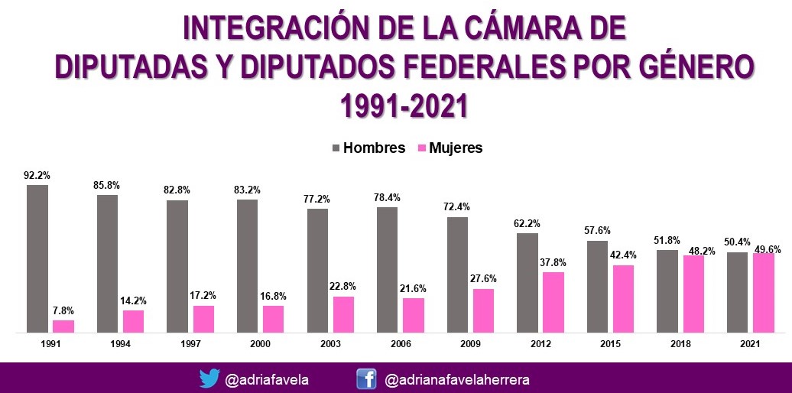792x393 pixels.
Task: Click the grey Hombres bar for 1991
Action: click(37, 258)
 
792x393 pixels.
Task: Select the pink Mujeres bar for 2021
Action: click(764, 293)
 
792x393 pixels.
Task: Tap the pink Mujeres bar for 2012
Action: click(553, 302)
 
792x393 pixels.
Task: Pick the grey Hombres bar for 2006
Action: click(388, 269)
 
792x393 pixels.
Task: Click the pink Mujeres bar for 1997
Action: click(203, 319)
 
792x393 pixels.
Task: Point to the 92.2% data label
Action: click(37, 175)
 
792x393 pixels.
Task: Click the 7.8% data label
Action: click(63, 310)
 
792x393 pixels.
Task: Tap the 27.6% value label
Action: click(483, 279)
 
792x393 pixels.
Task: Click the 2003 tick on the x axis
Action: click(330, 344)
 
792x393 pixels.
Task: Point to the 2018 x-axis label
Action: click(680, 344)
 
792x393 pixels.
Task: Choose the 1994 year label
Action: click(120, 344)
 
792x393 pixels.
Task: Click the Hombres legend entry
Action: click(368, 148)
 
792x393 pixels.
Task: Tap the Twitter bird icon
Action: click(209, 378)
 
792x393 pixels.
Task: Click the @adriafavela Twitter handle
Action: click(268, 379)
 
